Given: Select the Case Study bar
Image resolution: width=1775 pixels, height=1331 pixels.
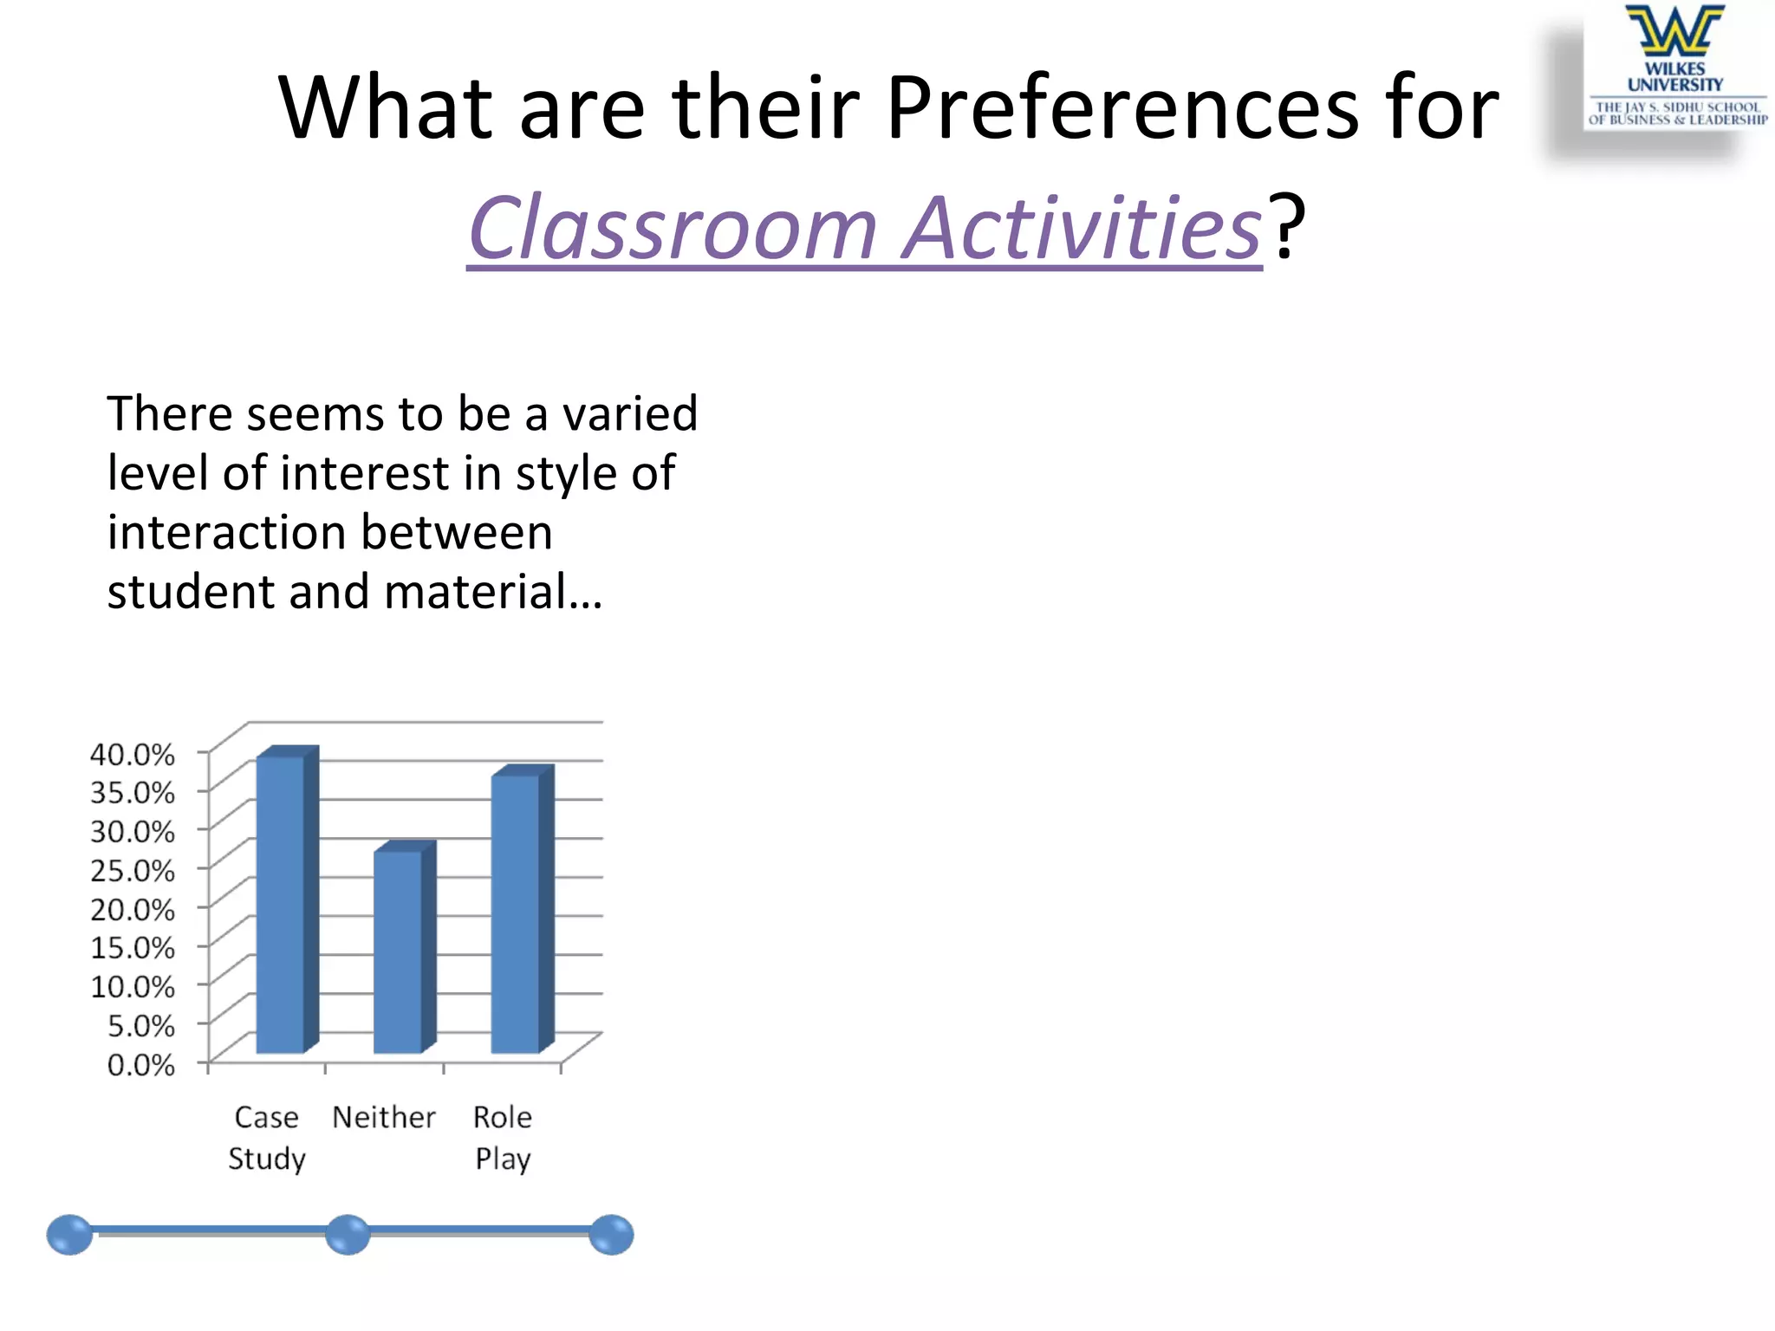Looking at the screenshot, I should pyautogui.click(x=282, y=901).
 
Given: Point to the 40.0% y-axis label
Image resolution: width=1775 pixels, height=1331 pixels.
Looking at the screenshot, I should pyautogui.click(x=133, y=754).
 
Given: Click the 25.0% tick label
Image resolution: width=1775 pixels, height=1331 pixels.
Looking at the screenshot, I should pyautogui.click(x=133, y=870).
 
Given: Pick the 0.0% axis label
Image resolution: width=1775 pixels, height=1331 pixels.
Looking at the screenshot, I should pyautogui.click(x=140, y=1064).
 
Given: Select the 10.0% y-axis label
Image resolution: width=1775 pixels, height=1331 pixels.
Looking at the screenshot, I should pyautogui.click(x=133, y=986).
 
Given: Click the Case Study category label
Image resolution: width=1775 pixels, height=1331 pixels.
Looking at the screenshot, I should pyautogui.click(x=267, y=1137).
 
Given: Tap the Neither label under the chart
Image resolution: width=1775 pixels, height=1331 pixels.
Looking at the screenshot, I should pyautogui.click(x=384, y=1117).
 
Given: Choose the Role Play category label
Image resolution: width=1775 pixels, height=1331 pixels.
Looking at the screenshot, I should pyautogui.click(x=503, y=1137).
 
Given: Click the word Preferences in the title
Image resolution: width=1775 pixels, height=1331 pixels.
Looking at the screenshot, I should pyautogui.click(x=1122, y=107).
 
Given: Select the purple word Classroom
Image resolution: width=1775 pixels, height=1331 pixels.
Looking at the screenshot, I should pyautogui.click(x=673, y=227).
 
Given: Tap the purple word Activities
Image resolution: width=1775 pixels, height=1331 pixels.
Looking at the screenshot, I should pyautogui.click(x=1082, y=227).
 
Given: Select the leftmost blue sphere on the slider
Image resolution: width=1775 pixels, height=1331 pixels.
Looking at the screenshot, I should pyautogui.click(x=69, y=1234).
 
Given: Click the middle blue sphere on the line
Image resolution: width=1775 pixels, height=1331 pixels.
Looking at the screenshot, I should pyautogui.click(x=348, y=1234).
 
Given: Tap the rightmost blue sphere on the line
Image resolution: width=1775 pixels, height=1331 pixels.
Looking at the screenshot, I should pyautogui.click(x=611, y=1234).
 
